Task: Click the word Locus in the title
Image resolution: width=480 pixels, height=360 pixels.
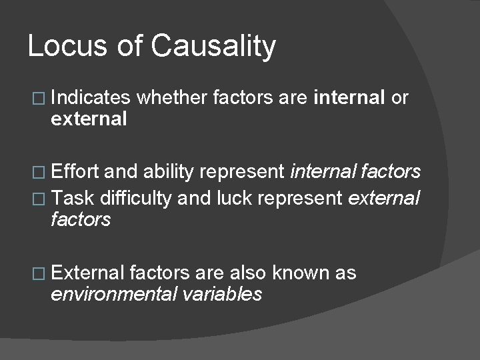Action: [57, 46]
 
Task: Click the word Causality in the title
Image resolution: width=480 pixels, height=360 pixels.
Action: [213, 47]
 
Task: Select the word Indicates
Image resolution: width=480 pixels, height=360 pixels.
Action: [90, 98]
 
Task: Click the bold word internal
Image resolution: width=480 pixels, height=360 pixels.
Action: [349, 98]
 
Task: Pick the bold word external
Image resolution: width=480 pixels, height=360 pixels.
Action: [88, 119]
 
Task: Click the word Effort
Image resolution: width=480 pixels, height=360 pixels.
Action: [75, 171]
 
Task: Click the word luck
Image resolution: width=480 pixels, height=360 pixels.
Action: [230, 197]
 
